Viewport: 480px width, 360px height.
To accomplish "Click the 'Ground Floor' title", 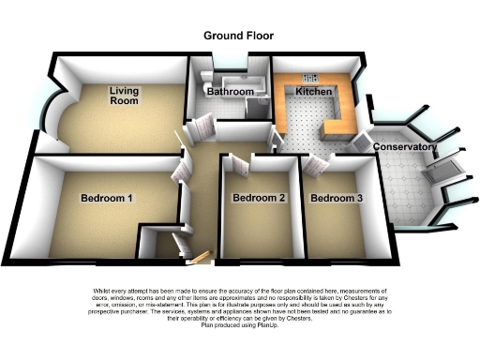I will pos(239,35).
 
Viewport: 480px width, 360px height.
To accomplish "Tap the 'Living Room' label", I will pos(123,96).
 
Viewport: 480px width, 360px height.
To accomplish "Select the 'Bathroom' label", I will pos(231,92).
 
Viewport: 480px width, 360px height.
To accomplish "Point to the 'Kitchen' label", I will pos(313,91).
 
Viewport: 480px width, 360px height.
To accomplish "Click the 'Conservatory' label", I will pos(406,148).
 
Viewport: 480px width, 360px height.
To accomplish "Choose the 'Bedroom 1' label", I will pos(106,198).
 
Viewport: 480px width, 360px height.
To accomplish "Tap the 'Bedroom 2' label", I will pos(259,198).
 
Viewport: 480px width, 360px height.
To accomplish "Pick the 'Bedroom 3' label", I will pos(337,198).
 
